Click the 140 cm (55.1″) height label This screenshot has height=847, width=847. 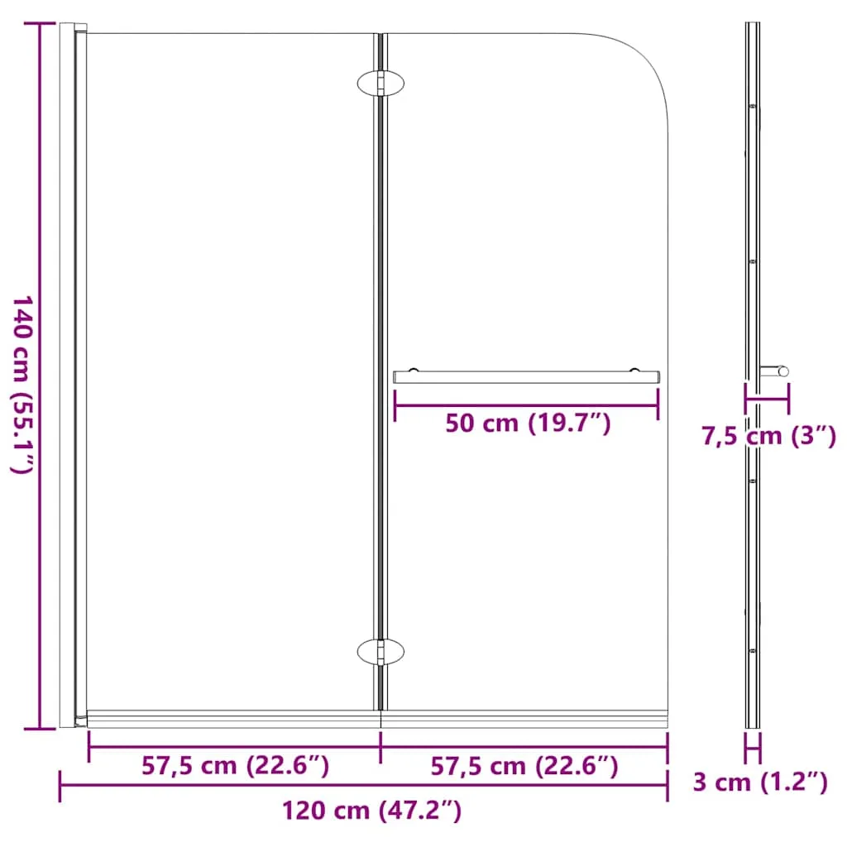click(x=22, y=385)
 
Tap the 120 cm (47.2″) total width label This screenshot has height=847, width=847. click(x=371, y=811)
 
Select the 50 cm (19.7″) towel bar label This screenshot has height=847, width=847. click(x=528, y=423)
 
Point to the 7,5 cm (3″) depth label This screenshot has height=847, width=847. click(x=768, y=435)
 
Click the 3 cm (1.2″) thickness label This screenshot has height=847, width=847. click(x=760, y=782)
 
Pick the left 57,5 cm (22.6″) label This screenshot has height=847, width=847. click(x=235, y=765)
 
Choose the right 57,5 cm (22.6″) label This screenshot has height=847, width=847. click(x=524, y=766)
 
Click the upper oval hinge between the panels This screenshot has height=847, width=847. click(x=380, y=84)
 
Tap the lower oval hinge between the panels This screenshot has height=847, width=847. click(x=380, y=652)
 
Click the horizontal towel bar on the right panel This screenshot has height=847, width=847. click(x=526, y=377)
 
